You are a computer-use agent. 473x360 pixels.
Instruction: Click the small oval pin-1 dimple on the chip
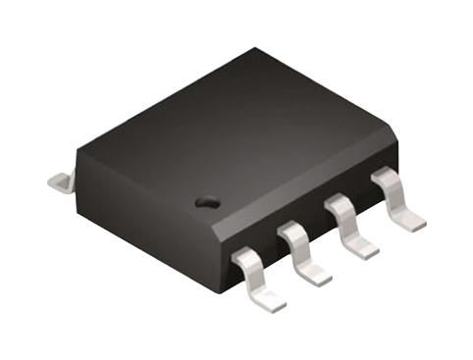(206, 202)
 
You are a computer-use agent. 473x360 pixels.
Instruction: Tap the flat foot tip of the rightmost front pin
(412, 222)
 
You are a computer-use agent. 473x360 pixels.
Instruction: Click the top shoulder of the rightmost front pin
(384, 176)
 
